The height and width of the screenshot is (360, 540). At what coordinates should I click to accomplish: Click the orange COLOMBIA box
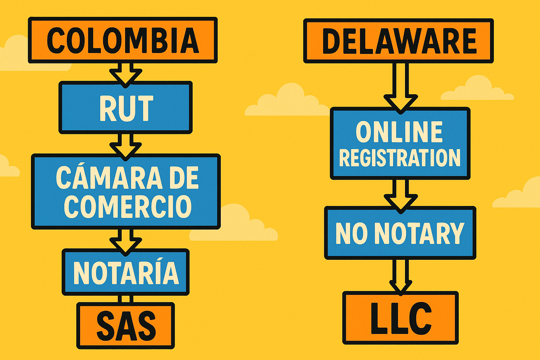(123, 40)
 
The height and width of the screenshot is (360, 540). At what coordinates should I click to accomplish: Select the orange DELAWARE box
(398, 41)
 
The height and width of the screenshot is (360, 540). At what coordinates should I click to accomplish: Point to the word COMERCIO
(128, 206)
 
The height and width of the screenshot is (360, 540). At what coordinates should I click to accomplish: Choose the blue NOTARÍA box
(126, 272)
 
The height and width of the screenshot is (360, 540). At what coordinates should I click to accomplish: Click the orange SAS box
(126, 325)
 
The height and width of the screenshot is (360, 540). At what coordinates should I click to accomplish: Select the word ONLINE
(399, 132)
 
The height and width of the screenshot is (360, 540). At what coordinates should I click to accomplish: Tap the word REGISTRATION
(400, 158)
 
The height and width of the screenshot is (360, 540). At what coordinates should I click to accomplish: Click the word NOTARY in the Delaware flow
(419, 233)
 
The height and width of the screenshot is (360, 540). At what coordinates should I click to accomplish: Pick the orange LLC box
(400, 318)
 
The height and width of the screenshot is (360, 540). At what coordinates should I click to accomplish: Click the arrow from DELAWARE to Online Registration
(400, 88)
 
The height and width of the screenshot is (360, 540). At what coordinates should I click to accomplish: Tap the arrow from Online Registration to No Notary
(400, 195)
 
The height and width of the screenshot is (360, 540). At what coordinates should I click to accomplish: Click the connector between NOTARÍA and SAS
(126, 299)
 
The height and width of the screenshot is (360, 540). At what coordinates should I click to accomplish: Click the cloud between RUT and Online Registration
(287, 102)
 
